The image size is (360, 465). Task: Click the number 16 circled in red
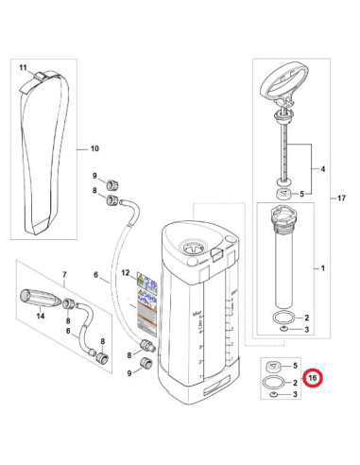(x=313, y=380)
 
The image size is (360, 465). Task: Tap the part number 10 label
(x=94, y=148)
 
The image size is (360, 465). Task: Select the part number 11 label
(x=23, y=68)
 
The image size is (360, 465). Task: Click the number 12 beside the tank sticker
(x=123, y=274)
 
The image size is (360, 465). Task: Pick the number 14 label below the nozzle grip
(x=41, y=318)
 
